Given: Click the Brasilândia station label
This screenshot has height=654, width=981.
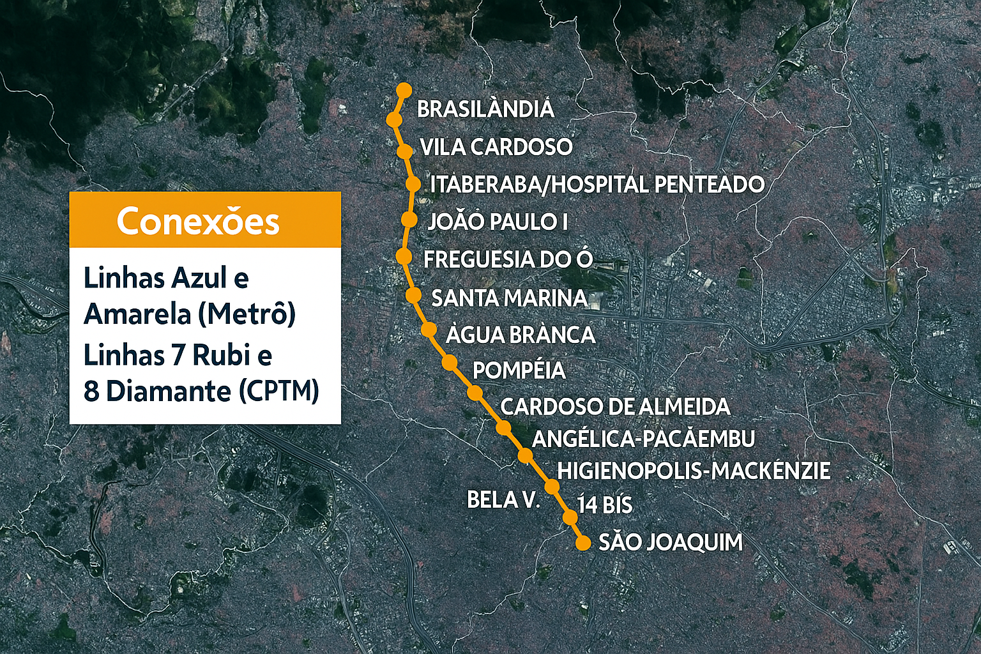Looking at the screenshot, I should click(485, 109).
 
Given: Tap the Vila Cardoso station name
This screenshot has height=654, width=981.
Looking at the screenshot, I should click(496, 147).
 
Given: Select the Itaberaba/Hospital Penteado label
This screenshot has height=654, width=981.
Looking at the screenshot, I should click(597, 185).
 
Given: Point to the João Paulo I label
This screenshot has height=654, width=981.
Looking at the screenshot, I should click(498, 222).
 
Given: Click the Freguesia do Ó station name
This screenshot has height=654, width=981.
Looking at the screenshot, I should click(508, 259).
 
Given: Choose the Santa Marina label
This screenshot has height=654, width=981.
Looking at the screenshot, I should click(509, 298).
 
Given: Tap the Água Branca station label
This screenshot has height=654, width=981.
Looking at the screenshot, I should click(521, 335).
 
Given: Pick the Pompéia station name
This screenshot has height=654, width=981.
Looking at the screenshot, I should click(519, 370).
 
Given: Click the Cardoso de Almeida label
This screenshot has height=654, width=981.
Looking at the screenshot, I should click(615, 406).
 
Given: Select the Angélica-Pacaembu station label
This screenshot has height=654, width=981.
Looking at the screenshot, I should click(643, 439).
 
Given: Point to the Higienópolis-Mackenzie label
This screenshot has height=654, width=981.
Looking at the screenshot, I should click(694, 471).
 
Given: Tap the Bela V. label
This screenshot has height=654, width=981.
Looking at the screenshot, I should click(503, 499).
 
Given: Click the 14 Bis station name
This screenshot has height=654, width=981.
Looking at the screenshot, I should click(605, 505).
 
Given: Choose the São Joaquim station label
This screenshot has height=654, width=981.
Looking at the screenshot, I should click(671, 542).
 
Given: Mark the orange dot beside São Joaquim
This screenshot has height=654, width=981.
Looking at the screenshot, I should click(582, 544).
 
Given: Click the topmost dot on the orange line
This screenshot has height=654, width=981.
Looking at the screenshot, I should click(404, 90).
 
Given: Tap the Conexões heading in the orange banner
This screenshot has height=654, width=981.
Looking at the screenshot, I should click(198, 222).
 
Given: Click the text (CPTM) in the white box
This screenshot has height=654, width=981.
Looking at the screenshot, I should click(279, 391).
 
